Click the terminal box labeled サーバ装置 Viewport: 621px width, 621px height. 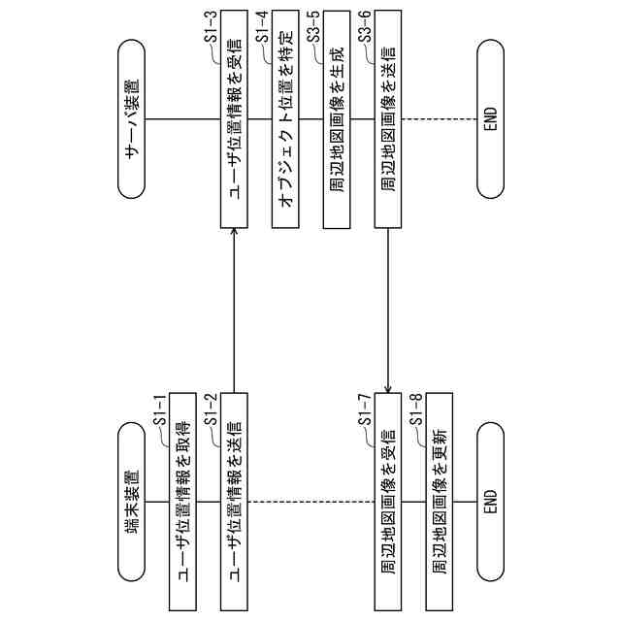[130, 119]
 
